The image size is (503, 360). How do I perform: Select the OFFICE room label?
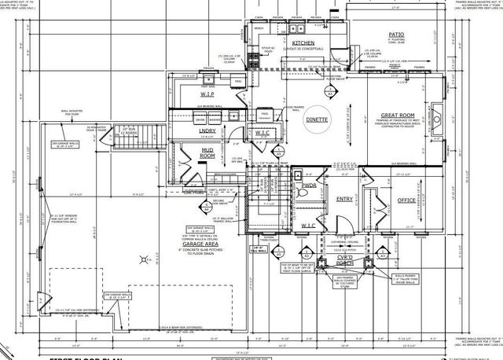point(407,200)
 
